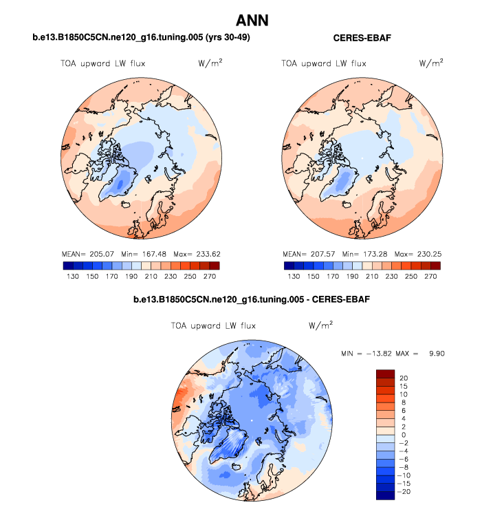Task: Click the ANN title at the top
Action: (x=252, y=20)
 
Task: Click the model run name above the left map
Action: (x=140, y=37)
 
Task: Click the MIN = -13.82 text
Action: (x=364, y=353)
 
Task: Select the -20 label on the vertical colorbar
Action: (x=404, y=491)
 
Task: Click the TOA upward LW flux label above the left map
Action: (x=101, y=63)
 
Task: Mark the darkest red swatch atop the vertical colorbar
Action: (x=385, y=374)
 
